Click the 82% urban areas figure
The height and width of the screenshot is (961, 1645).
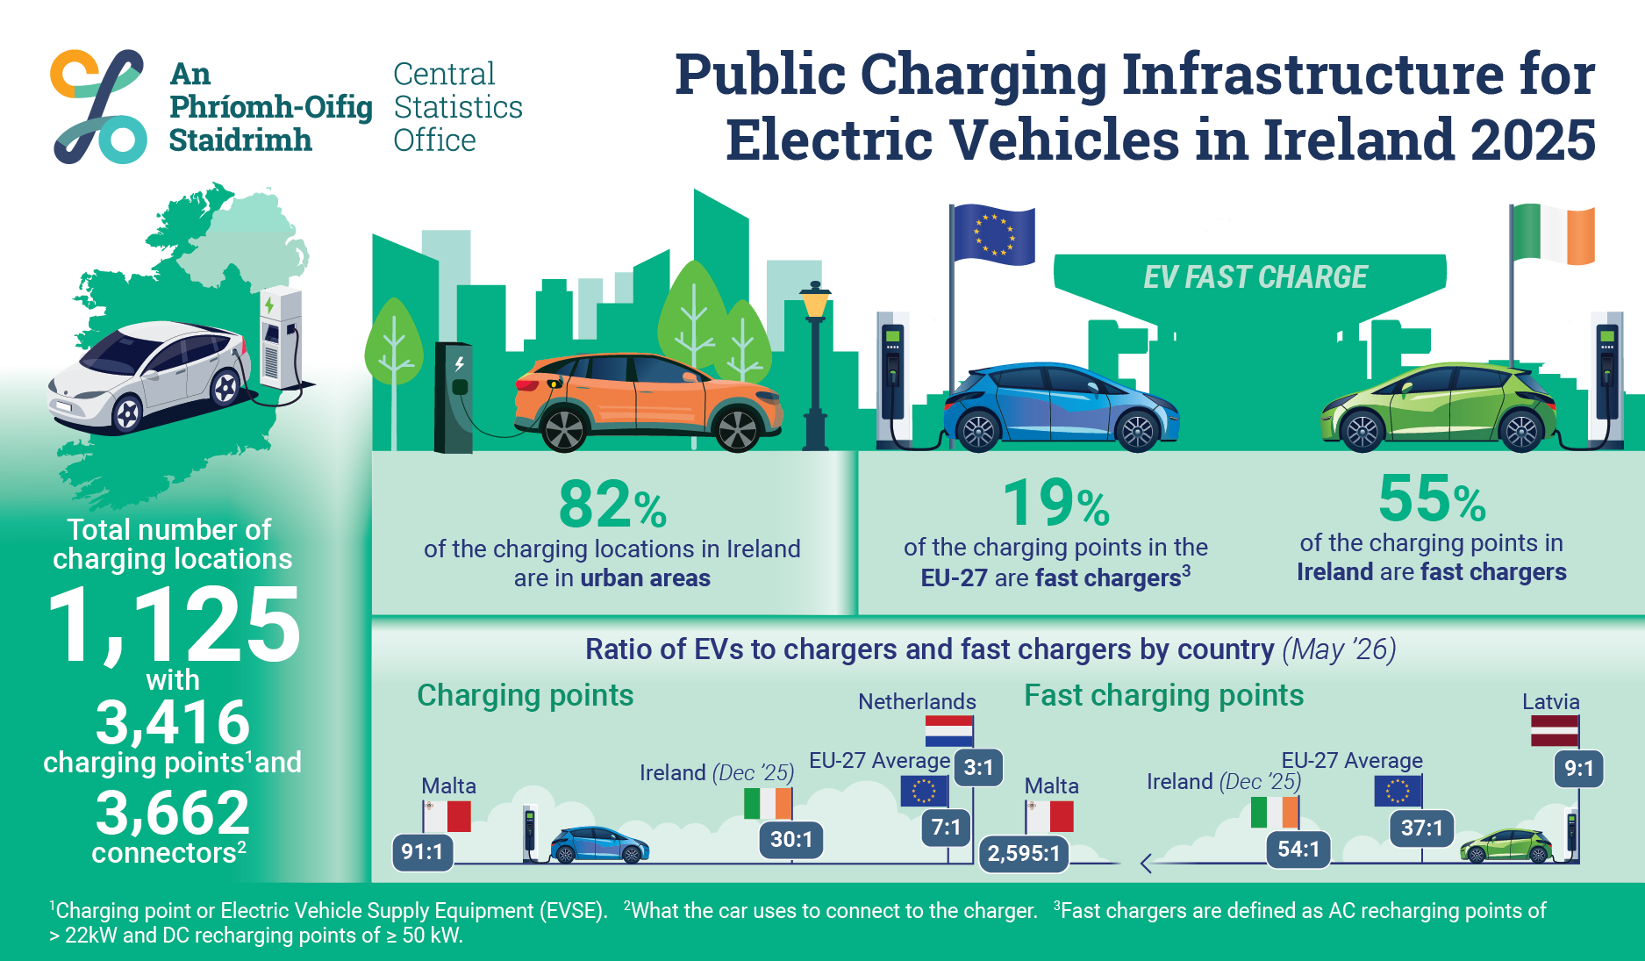(x=612, y=505)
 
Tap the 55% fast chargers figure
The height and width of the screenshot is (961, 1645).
(x=1432, y=498)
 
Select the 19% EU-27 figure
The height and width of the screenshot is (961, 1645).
(x=1056, y=503)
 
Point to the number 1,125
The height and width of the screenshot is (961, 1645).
(x=174, y=625)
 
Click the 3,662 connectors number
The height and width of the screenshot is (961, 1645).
(x=173, y=812)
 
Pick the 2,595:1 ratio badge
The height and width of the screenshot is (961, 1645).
(x=1024, y=853)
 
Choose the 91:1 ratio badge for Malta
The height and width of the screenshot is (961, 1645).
(x=422, y=851)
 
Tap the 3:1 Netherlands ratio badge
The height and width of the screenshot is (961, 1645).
(x=978, y=768)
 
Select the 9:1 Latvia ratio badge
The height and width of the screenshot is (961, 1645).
(x=1579, y=769)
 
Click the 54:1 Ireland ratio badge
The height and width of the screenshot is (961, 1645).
(x=1298, y=850)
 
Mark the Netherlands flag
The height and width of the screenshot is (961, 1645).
(x=949, y=731)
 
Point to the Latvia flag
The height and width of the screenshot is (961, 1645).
(x=1555, y=730)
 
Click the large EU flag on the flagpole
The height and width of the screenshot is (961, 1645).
(x=993, y=234)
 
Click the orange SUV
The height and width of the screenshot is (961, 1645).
(x=647, y=401)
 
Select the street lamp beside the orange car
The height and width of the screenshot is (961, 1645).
(x=815, y=365)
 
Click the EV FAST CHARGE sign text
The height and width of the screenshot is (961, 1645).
(x=1255, y=277)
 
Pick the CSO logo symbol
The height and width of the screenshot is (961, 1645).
(x=98, y=106)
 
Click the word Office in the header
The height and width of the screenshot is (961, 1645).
(x=434, y=140)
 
